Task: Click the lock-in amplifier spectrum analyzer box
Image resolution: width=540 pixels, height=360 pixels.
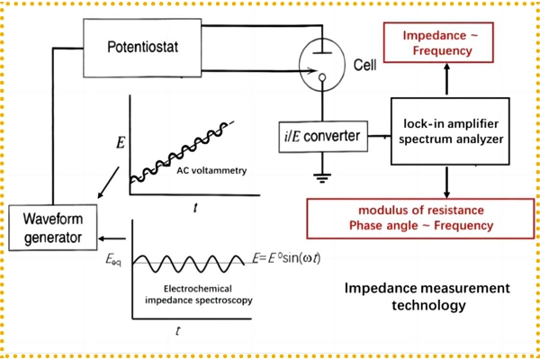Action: (447, 130)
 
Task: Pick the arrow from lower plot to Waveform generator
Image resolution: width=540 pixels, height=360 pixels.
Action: (112, 238)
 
